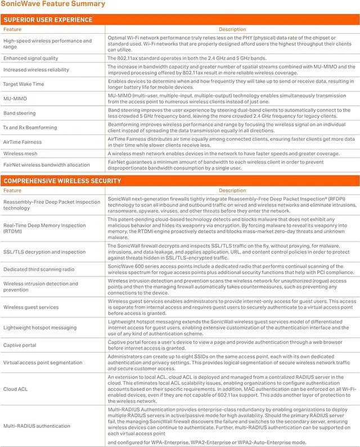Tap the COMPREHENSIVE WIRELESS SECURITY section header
coord(62,181)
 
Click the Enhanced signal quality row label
coord(30,58)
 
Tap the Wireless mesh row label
coord(21,153)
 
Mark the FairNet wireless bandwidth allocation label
coord(46,164)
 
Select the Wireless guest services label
coord(31,307)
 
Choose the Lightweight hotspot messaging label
coord(40,327)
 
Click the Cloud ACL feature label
coord(16,388)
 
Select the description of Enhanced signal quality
coord(183,58)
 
